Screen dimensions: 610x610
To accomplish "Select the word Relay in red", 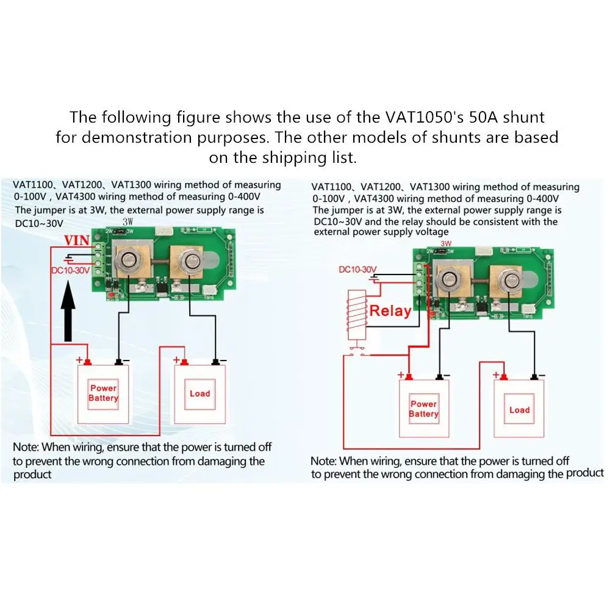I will tap(390, 310).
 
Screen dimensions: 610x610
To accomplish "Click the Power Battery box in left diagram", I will tap(103, 393).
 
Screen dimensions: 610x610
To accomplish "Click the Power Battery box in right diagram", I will tap(423, 409).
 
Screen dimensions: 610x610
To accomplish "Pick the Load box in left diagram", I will tap(199, 393).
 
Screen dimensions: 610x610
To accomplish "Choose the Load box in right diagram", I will tap(519, 410).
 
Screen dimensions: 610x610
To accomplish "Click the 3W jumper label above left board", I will tap(128, 222).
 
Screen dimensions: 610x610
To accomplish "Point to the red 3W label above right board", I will tap(446, 243).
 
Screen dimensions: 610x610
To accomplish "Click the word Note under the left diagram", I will tap(26, 447).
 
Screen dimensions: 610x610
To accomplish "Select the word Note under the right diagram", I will tap(323, 461).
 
